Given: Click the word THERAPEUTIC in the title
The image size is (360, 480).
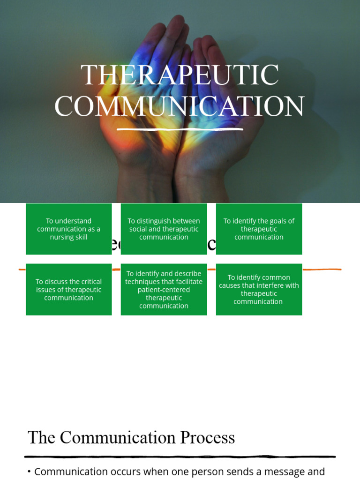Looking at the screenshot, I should [180, 75].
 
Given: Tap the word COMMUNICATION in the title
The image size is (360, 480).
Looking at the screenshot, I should [180, 106].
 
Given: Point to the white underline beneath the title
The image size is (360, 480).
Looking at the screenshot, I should [180, 128].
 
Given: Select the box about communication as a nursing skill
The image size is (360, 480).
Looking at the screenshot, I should [69, 229].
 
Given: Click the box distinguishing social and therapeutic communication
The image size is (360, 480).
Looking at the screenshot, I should [164, 229].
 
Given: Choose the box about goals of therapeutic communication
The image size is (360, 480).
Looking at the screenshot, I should [259, 229].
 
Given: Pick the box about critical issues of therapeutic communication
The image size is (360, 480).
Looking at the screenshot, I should [69, 289].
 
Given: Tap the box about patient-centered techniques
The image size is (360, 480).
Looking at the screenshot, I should [164, 289].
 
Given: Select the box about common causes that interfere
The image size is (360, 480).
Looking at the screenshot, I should [259, 289].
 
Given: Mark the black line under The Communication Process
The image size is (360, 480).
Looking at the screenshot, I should [180, 456].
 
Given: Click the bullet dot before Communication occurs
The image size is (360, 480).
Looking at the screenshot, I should [29, 472].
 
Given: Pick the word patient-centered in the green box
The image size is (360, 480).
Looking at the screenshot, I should [164, 290].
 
